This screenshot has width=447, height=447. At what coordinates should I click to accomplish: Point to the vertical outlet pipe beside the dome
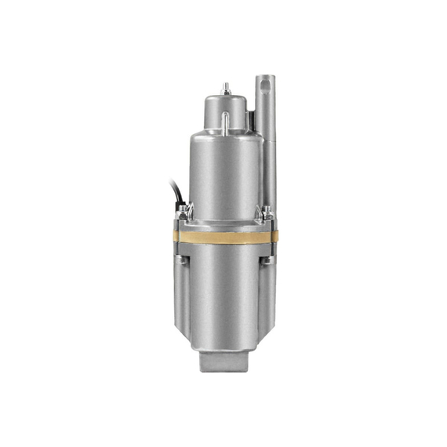265,149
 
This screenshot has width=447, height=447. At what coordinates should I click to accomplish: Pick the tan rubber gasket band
224,237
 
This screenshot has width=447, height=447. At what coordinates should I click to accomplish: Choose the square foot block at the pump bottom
226,363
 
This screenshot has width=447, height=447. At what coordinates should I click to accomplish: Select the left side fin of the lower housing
179,306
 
